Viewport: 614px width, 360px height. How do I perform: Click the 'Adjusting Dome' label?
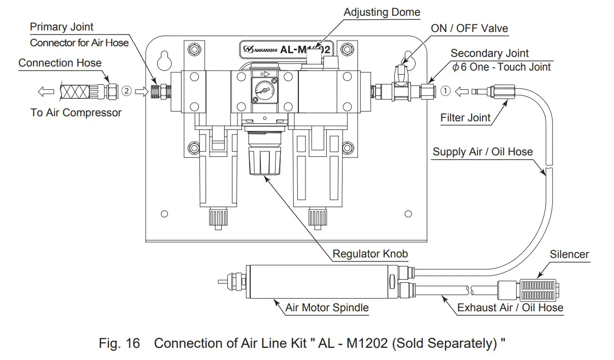(x=382, y=12)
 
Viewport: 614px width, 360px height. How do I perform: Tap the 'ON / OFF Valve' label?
(x=469, y=28)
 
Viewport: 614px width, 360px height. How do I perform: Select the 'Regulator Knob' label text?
(x=370, y=253)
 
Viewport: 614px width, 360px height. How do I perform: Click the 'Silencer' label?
(x=569, y=254)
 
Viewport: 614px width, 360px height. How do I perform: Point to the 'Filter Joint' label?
(x=465, y=118)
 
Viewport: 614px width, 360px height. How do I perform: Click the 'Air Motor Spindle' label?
(x=327, y=307)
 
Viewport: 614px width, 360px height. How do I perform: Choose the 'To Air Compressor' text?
(x=76, y=112)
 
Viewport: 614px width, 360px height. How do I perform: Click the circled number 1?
(x=445, y=91)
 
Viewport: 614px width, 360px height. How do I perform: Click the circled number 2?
(x=127, y=91)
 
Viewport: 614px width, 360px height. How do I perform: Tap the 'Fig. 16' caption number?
(x=119, y=343)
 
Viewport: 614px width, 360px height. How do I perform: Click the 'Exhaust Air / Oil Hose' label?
(x=510, y=307)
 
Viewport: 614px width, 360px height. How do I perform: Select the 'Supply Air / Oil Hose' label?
(x=483, y=151)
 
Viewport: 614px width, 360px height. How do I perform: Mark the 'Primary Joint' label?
(x=61, y=27)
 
